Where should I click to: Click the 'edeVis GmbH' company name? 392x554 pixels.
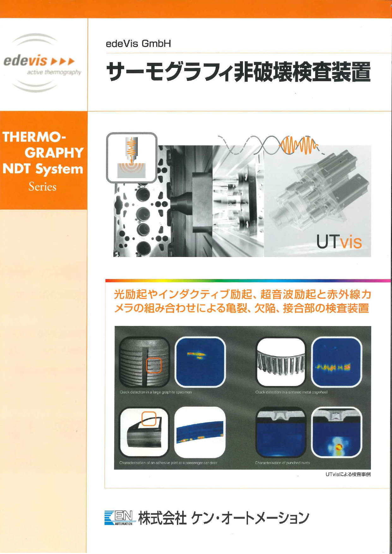click(138, 44)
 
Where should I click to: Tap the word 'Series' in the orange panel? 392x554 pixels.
click(42, 187)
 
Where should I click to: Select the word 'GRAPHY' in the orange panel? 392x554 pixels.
click(54, 153)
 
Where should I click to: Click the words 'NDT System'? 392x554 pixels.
click(43, 169)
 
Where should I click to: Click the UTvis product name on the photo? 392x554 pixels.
click(339, 242)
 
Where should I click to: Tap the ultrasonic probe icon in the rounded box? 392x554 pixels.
click(131, 158)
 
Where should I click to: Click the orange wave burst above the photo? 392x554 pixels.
click(299, 145)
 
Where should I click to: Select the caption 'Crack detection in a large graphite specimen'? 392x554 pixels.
click(156, 392)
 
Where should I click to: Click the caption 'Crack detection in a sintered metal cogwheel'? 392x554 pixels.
click(291, 392)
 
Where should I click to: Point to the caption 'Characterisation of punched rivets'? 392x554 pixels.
click(282, 463)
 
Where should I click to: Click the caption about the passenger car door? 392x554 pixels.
click(168, 463)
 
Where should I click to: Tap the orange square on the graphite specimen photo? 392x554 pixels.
click(154, 365)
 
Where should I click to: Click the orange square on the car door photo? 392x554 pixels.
click(149, 419)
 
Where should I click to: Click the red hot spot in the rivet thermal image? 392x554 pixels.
click(338, 447)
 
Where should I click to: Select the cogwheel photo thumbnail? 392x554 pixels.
click(280, 362)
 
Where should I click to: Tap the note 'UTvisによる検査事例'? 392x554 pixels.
click(348, 474)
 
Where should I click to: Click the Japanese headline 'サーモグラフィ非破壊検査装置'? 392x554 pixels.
click(238, 72)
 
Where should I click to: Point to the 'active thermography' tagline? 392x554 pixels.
click(54, 72)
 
